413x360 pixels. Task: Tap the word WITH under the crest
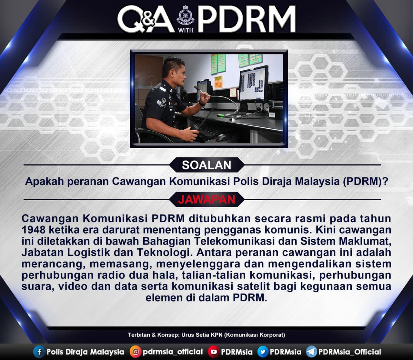(x=186, y=30)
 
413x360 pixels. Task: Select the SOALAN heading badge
(x=206, y=165)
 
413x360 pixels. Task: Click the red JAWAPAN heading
(x=206, y=199)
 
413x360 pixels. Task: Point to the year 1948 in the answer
(x=33, y=230)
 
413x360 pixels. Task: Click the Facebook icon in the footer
(x=39, y=352)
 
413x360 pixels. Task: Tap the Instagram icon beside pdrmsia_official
(x=136, y=352)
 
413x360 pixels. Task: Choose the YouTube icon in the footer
(x=214, y=352)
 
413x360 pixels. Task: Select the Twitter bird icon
(x=263, y=352)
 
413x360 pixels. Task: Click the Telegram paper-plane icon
(x=311, y=352)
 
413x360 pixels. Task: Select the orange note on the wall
(x=218, y=82)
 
